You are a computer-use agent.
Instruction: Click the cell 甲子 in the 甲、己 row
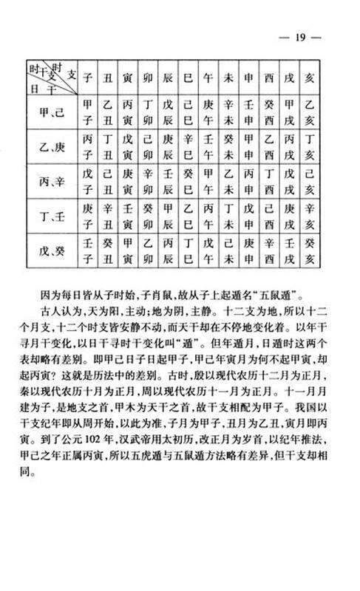(88, 112)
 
